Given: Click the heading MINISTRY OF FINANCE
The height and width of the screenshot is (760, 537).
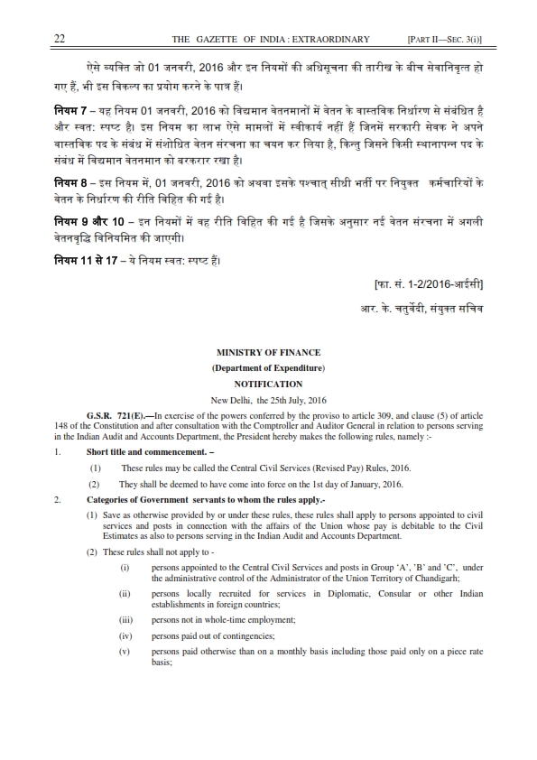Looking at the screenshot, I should click(268, 352).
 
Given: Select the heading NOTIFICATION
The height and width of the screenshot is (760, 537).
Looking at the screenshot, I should click(268, 383).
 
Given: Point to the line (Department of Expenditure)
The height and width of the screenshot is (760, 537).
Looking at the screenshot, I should click(268, 367).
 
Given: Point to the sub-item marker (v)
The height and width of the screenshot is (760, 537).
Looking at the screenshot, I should click(125, 651).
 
